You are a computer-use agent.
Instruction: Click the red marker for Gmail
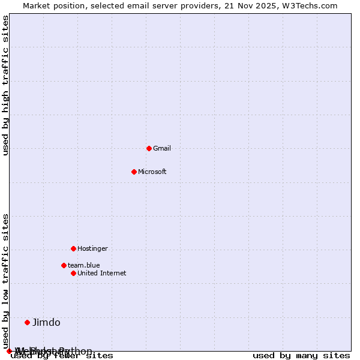point(149,148)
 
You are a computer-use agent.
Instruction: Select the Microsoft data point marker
point(134,172)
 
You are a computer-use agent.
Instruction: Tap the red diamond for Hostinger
point(73,248)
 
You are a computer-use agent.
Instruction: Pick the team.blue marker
point(64,265)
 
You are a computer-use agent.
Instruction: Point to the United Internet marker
point(73,273)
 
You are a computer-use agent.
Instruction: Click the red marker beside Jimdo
point(27,322)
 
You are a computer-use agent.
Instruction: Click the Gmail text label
point(162,148)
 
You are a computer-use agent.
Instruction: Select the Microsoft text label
point(152,172)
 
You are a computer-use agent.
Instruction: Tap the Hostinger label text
point(92,248)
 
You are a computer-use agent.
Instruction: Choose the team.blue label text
point(84,265)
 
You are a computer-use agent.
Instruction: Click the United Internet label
point(102,273)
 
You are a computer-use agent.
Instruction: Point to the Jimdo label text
point(46,322)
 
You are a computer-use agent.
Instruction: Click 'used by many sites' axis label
point(301,355)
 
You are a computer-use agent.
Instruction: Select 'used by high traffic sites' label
point(5,85)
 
